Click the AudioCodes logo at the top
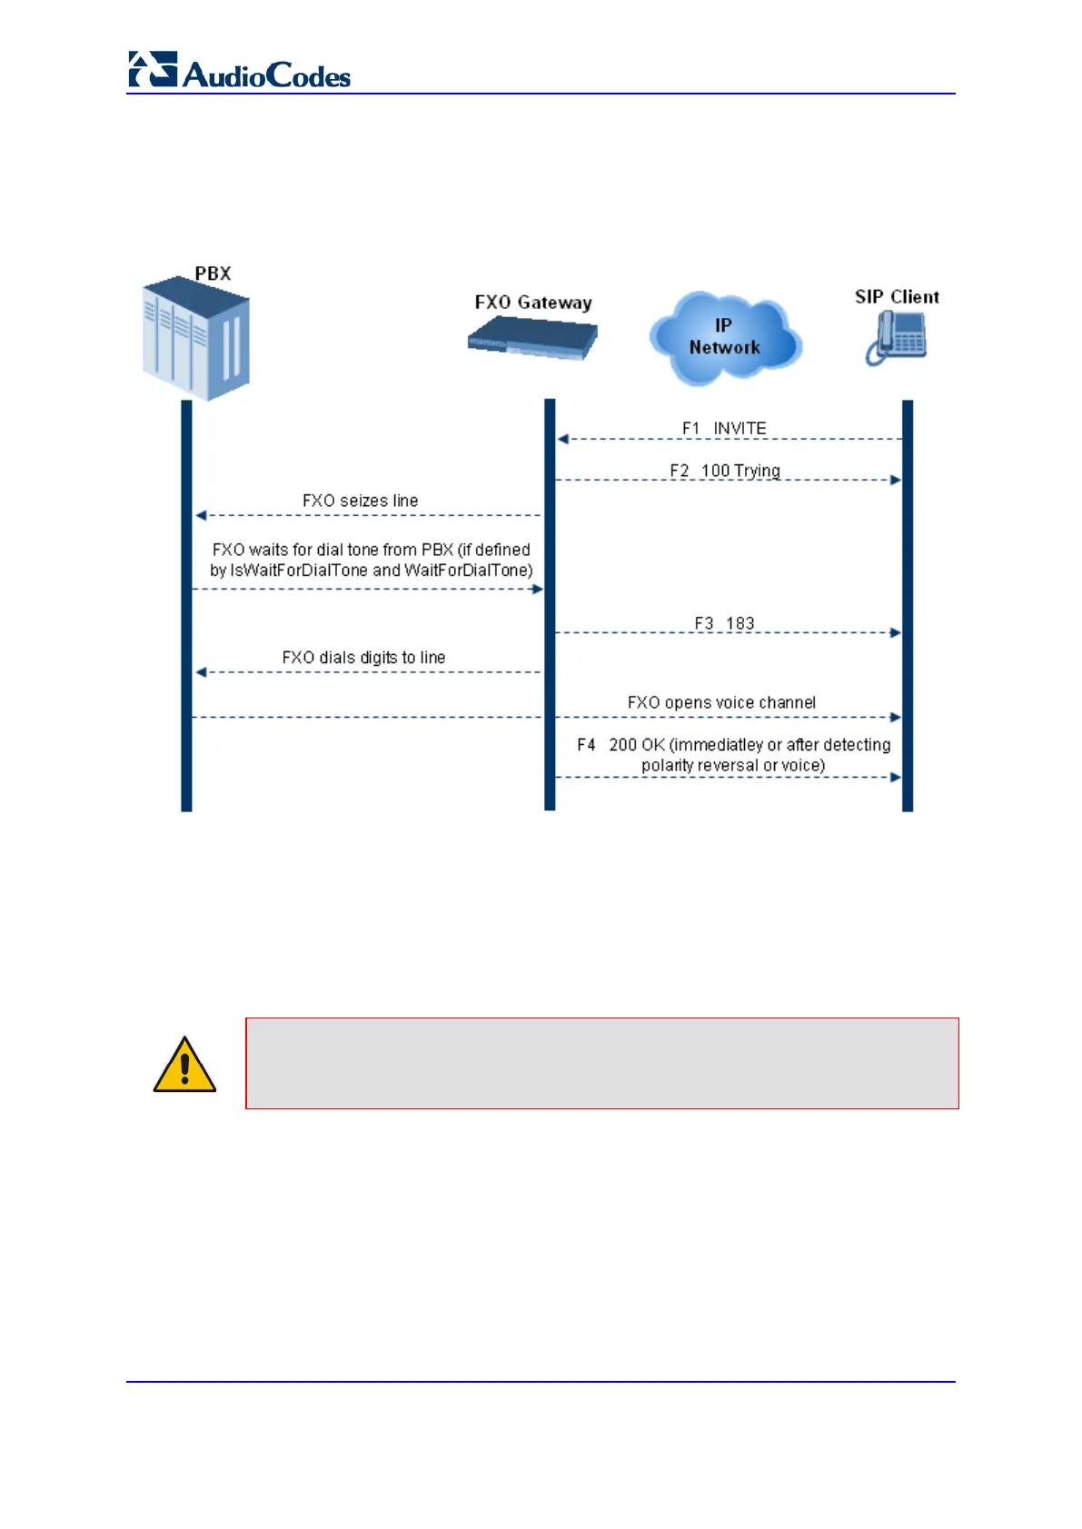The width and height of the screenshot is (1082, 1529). (239, 71)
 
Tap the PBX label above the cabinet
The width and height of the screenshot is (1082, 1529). (213, 273)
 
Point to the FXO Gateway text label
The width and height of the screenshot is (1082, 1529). (532, 303)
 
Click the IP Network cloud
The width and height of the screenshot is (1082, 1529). (724, 337)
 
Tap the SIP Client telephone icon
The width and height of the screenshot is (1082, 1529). (896, 338)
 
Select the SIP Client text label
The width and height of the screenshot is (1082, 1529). (896, 297)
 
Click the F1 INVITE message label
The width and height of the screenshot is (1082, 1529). (724, 428)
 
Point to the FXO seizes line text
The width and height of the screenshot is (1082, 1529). (360, 501)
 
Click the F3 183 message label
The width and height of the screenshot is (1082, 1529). (724, 623)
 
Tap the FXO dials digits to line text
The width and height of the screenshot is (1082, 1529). (363, 657)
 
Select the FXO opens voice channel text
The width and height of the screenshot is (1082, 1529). (721, 702)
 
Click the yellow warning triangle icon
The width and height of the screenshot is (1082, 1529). (184, 1066)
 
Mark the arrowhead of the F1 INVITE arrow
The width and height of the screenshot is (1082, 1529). (562, 439)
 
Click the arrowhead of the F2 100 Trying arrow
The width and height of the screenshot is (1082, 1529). (896, 480)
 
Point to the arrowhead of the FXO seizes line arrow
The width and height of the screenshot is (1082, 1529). (201, 515)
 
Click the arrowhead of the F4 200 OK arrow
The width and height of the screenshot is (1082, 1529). (896, 777)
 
